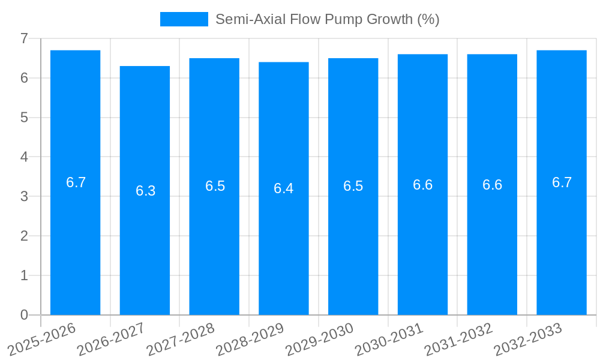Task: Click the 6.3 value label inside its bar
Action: [x=145, y=191]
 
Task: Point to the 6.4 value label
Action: [x=284, y=188]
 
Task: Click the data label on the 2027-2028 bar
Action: [x=215, y=186]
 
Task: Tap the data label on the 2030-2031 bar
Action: [x=423, y=185]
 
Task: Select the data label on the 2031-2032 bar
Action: [x=493, y=185]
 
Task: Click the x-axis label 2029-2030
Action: [x=320, y=339]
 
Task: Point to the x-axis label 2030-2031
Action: [x=389, y=339]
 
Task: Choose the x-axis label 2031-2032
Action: [x=459, y=339]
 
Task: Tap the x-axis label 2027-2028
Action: [x=181, y=339]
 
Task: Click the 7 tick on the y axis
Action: [x=24, y=38]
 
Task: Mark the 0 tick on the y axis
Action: [x=24, y=315]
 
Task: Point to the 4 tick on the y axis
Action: [x=24, y=157]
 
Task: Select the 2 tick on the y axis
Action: [x=24, y=236]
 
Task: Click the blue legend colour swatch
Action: [x=184, y=19]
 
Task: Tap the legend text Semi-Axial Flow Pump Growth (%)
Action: [x=328, y=19]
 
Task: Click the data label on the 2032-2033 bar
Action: [x=562, y=182]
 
